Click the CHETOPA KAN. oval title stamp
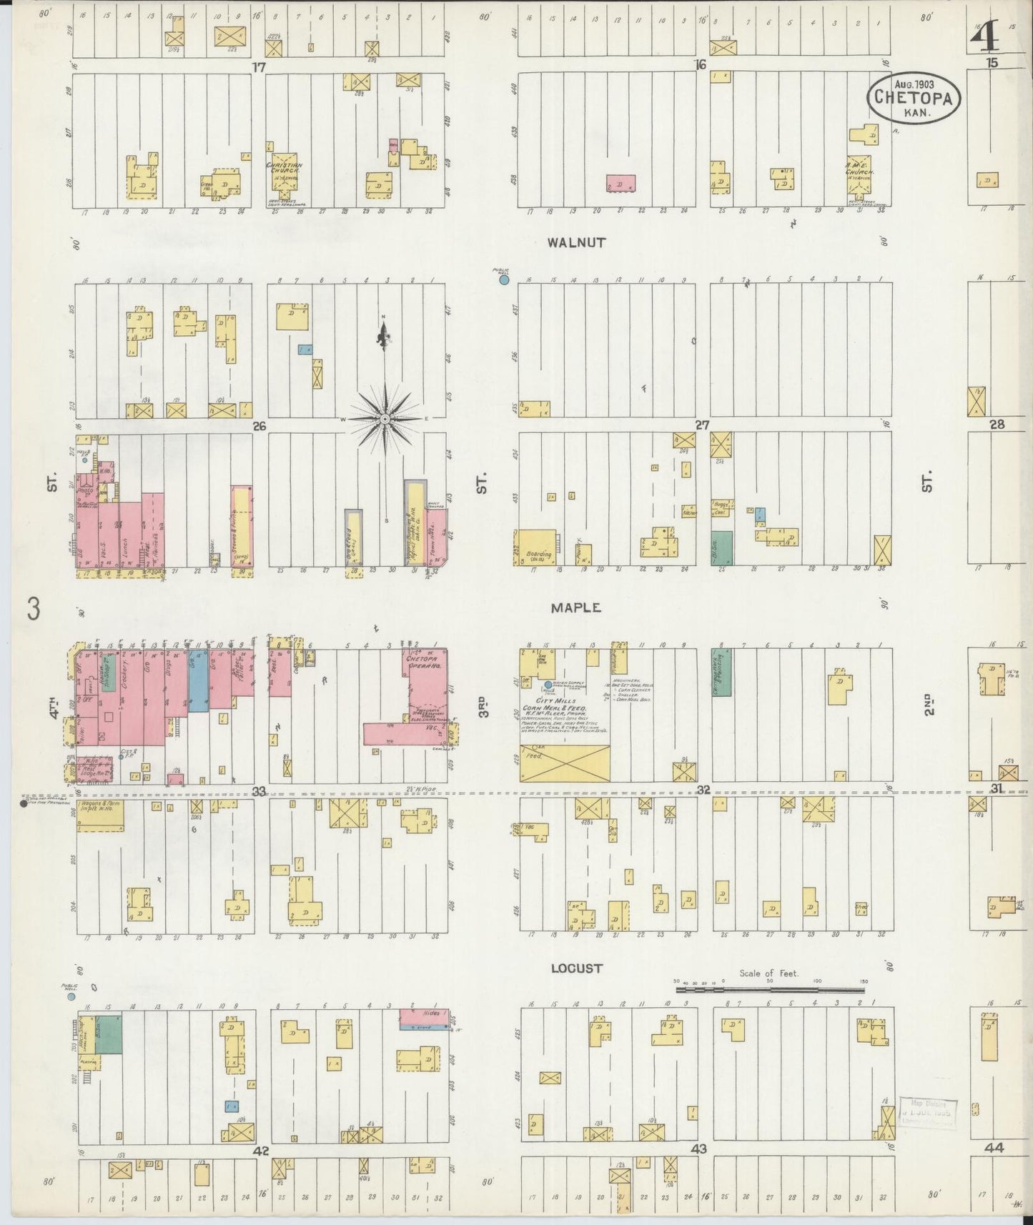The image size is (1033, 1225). click(x=914, y=98)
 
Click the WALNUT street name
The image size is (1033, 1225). click(x=576, y=242)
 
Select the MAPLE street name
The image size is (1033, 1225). click(x=575, y=608)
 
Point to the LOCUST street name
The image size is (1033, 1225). click(x=576, y=968)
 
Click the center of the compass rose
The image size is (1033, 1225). click(x=385, y=418)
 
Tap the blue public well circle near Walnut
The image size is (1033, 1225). click(x=504, y=280)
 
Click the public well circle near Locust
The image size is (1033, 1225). click(x=71, y=996)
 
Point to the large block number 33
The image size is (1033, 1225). click(x=258, y=791)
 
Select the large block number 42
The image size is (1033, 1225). click(x=261, y=1151)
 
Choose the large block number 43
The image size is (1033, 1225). click(x=698, y=1149)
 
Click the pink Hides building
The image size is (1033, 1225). click(x=423, y=1014)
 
